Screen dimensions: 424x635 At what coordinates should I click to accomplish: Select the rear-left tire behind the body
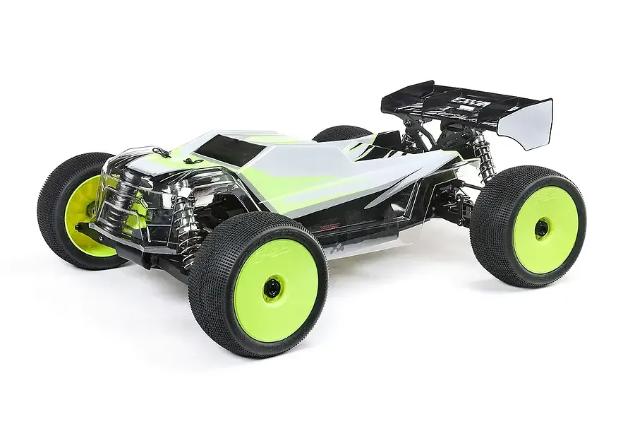tap(341, 132)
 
